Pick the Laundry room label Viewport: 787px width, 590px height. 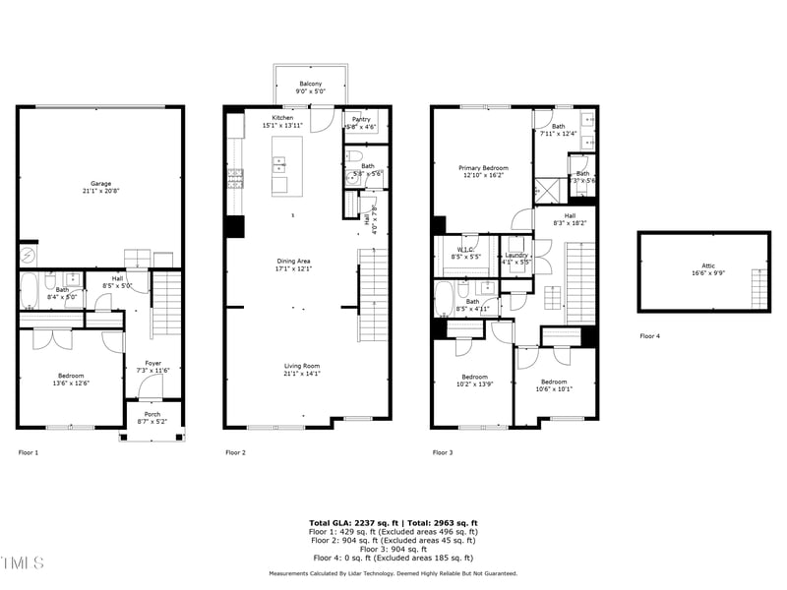click(x=516, y=258)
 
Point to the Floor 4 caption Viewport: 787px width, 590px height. click(x=649, y=336)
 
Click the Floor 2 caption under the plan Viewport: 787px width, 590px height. click(x=235, y=452)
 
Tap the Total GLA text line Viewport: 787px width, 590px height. click(x=393, y=523)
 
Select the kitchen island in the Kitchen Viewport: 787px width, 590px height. click(x=287, y=166)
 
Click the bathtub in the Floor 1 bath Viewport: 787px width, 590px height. click(x=30, y=290)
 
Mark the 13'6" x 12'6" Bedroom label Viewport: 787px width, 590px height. click(x=70, y=380)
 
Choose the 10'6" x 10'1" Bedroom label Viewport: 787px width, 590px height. click(x=553, y=384)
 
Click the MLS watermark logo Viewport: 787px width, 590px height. click(x=23, y=562)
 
